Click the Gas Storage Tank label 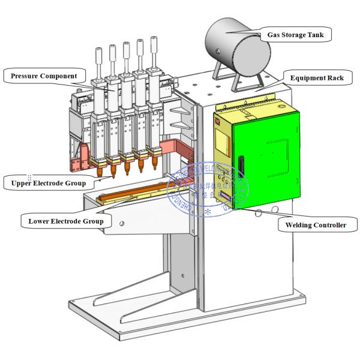pos(296,35)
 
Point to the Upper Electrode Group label pos(45,182)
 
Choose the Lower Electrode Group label pos(66,221)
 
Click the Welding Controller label pos(315,225)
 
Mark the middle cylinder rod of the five pos(126,55)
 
